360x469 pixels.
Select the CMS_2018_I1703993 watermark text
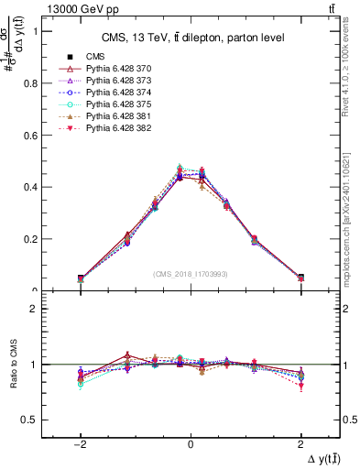191,273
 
